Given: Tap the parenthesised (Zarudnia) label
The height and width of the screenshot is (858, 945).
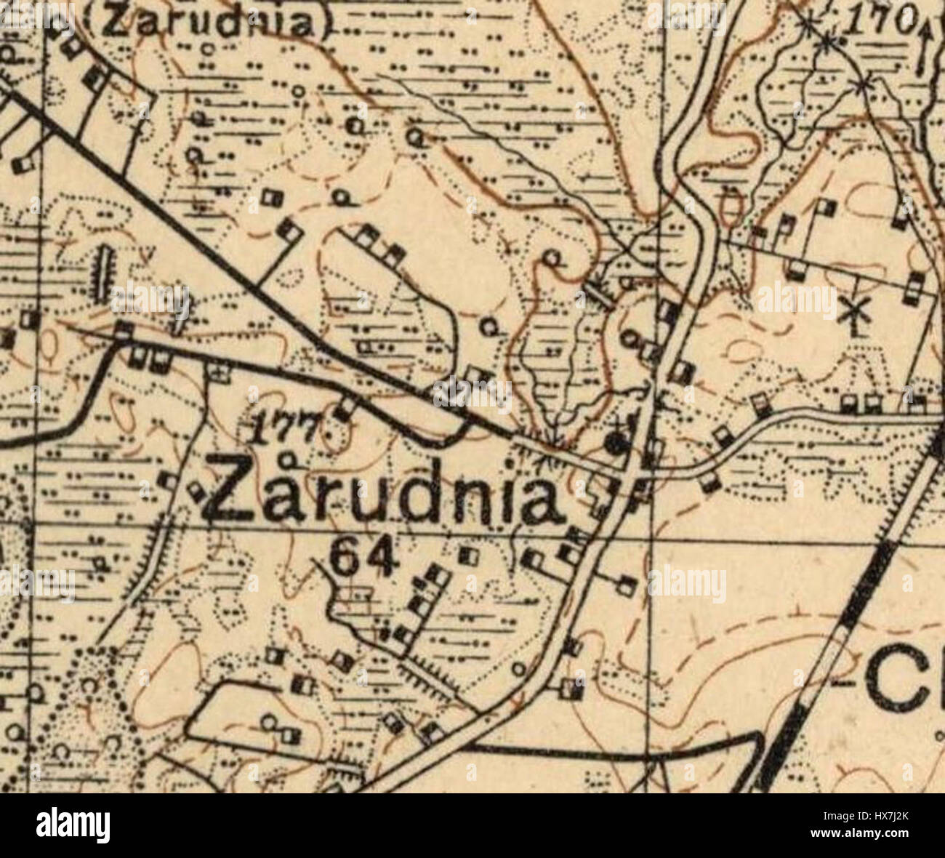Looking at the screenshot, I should pos(211,22).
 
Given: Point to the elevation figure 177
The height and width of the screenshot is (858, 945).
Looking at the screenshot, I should pos(283,430).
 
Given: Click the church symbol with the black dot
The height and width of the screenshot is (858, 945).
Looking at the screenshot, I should pos(617,441).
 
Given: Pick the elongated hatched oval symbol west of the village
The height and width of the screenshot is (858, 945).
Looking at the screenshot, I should pos(103,273).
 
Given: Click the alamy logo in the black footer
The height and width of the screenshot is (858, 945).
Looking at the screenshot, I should pos(73,826).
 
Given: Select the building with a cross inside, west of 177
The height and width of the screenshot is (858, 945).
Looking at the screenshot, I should pos(216,372).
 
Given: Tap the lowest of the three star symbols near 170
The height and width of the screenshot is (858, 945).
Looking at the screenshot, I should pos(862,85).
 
